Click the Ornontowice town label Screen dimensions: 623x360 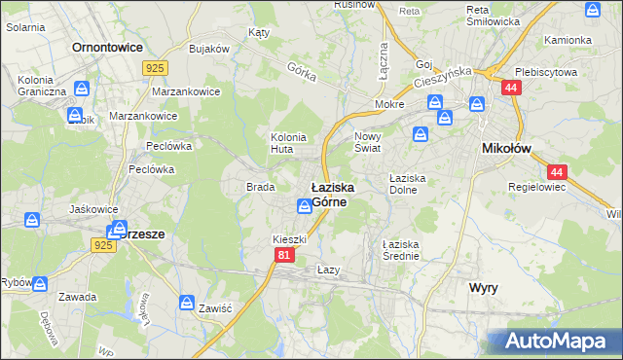coord(107,47)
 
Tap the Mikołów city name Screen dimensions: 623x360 coord(506,148)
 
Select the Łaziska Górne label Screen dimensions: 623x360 coord(332,193)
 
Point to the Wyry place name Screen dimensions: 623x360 coord(484,288)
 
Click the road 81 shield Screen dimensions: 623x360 coord(283,255)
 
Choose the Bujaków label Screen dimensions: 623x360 coord(208,48)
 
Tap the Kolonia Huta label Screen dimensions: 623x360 coord(288,143)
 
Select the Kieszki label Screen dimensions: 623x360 coord(289,238)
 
